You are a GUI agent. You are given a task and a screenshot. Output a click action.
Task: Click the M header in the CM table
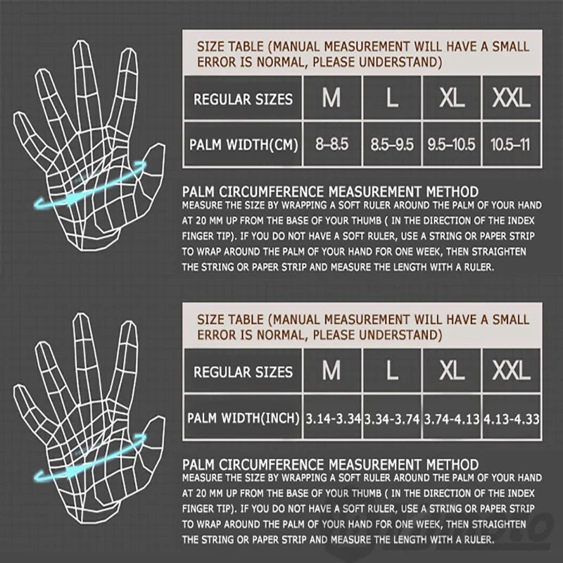[x=331, y=99]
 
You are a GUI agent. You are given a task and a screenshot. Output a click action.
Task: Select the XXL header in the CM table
[x=511, y=99]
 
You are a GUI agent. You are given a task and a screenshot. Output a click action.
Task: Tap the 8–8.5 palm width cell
[x=331, y=145]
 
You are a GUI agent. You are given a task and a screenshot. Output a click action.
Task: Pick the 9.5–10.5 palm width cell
[x=451, y=145]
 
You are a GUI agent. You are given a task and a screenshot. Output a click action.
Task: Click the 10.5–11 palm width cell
[x=511, y=145]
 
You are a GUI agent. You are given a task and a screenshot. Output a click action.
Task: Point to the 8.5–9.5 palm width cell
[x=392, y=145]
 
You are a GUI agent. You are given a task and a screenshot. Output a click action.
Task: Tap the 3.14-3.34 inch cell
[x=333, y=419]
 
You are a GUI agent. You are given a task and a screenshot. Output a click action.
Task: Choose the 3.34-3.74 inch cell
[x=392, y=419]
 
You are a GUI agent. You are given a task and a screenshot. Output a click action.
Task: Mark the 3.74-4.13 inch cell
[x=451, y=419]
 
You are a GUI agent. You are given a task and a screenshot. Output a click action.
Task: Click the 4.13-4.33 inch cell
[x=511, y=419]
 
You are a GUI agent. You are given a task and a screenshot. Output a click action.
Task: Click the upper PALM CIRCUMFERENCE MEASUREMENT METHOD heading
[x=330, y=191]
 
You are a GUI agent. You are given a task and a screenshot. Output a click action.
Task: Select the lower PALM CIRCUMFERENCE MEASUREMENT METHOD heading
[x=330, y=464]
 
